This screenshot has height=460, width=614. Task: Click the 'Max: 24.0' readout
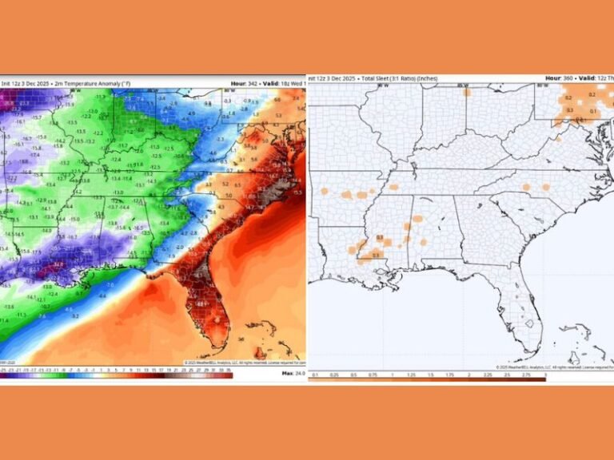[293, 372]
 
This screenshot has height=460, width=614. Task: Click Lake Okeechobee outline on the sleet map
[528, 323]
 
